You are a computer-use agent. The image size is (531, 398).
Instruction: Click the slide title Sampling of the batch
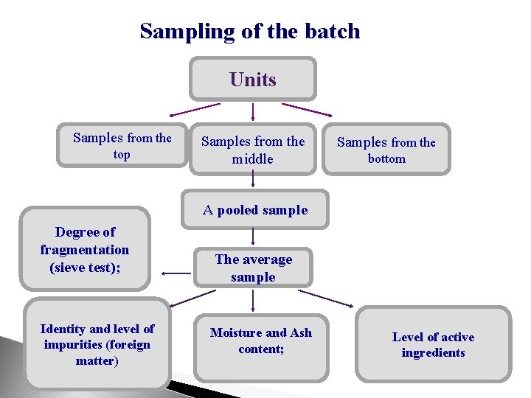[x=249, y=31]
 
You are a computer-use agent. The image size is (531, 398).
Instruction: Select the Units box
[x=253, y=79]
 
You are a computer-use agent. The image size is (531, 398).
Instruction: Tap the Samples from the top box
[x=122, y=145]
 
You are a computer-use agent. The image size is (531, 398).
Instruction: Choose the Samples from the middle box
[x=253, y=150]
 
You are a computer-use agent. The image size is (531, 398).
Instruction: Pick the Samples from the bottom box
[x=386, y=150]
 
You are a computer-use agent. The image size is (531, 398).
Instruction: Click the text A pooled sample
[x=255, y=210]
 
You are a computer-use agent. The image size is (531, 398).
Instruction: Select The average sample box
[x=254, y=268]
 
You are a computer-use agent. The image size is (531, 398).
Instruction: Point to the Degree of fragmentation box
[x=85, y=250]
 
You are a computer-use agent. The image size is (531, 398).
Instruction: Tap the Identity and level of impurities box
[x=97, y=344]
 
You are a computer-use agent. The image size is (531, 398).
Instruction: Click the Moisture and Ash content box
[x=261, y=341]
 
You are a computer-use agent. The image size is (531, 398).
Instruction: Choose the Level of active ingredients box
[x=433, y=344]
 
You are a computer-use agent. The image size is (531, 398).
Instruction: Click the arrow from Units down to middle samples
[x=253, y=111]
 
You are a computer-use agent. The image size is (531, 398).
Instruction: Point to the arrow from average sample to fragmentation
[x=177, y=273]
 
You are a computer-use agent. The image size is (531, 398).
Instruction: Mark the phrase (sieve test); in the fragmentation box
[x=85, y=267]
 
